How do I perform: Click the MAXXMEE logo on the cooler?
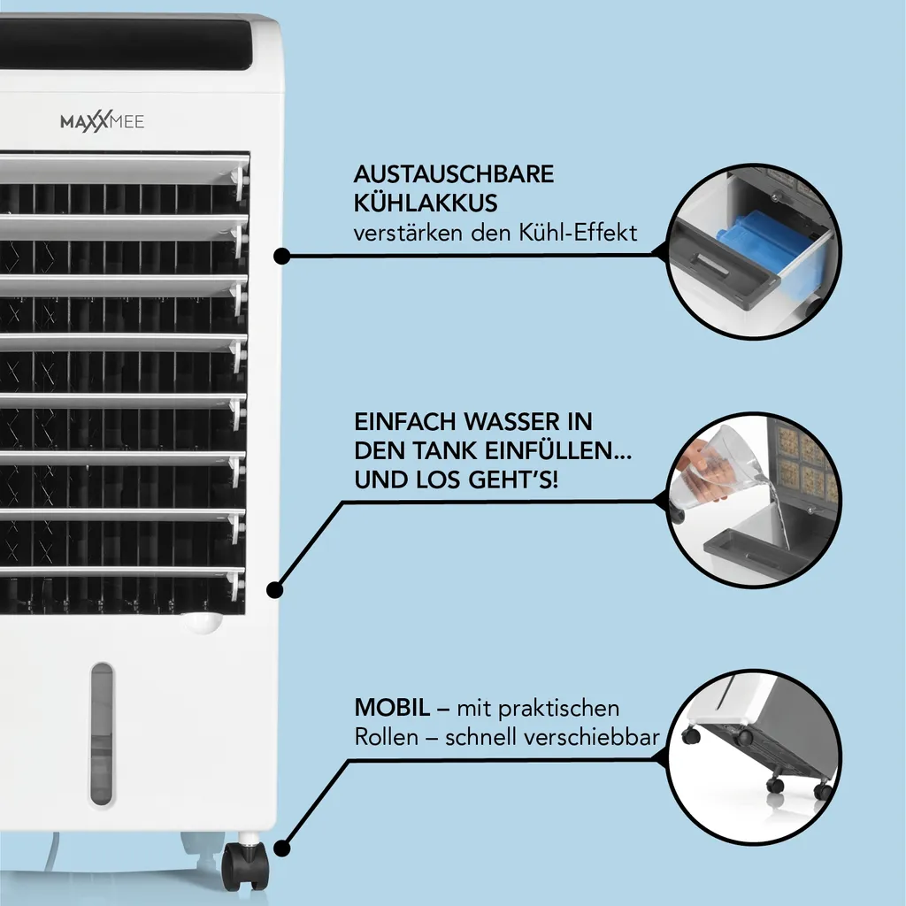[x=102, y=122]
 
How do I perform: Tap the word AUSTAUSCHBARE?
[x=454, y=174]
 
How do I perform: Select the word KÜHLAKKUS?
[x=426, y=203]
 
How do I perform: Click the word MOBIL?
[x=392, y=708]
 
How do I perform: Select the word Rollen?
[x=386, y=737]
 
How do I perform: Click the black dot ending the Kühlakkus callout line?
[x=281, y=257]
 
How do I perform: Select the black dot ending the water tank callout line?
[x=275, y=588]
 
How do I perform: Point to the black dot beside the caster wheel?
[x=281, y=848]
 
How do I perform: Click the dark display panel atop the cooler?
[x=133, y=44]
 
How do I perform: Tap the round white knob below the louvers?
[x=203, y=622]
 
